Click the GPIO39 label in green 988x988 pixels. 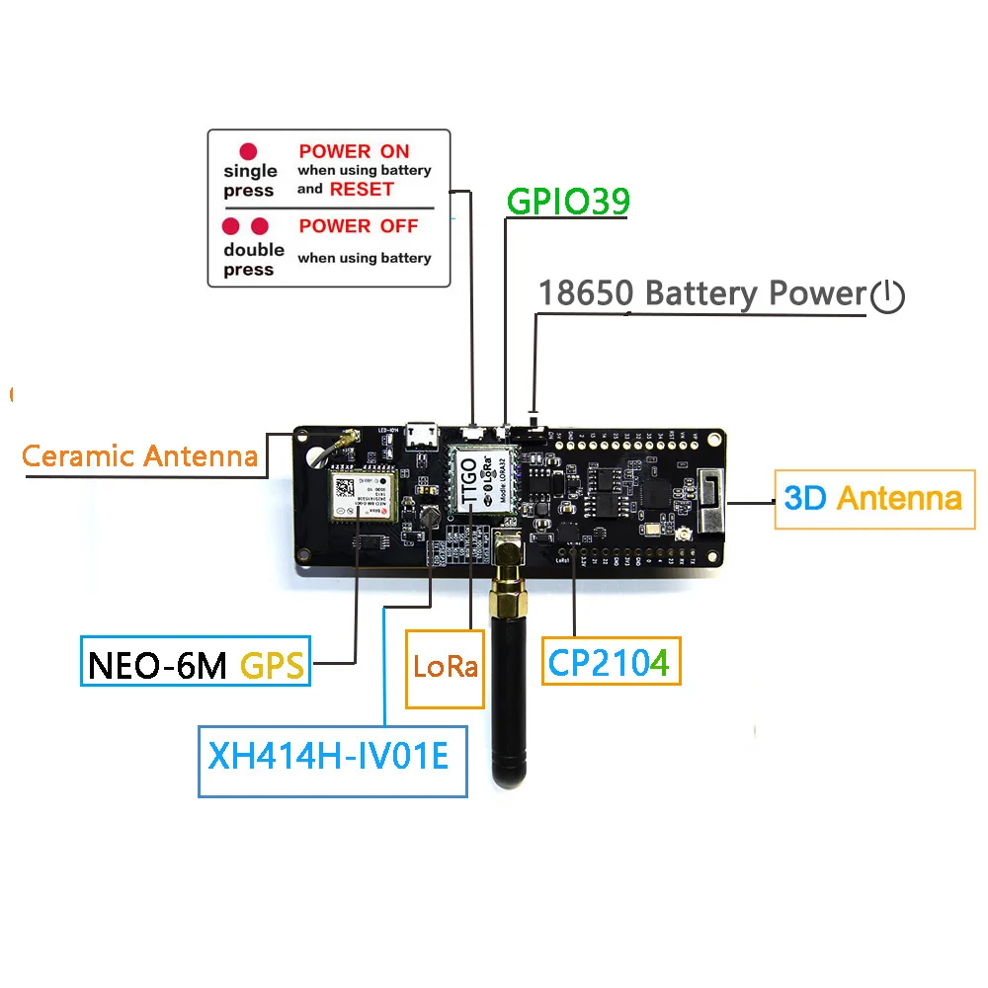click(568, 201)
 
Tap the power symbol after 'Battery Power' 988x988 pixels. click(888, 295)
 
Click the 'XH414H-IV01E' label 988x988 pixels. click(331, 759)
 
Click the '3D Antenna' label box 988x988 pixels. click(872, 497)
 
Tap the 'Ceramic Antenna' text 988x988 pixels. click(139, 455)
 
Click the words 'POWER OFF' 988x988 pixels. click(359, 226)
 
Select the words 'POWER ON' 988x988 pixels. click(354, 151)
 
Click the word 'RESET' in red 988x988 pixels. click(362, 189)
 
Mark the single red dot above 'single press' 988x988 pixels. click(249, 151)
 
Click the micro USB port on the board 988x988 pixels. click(426, 432)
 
